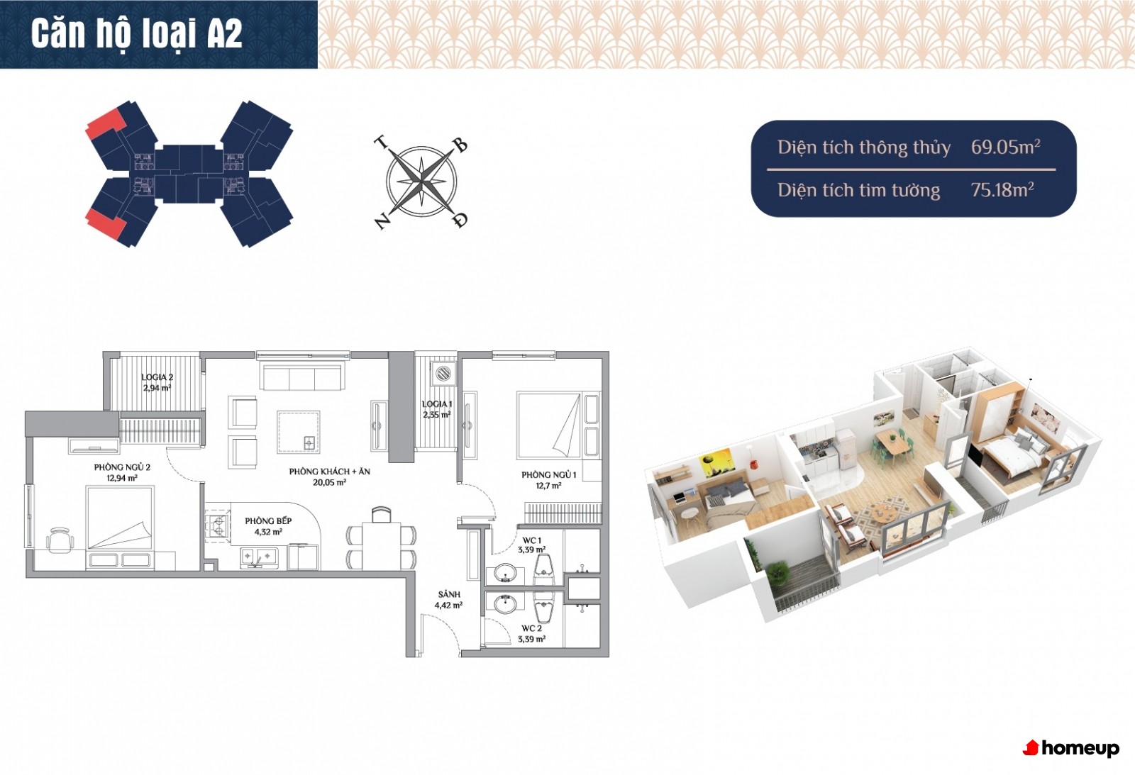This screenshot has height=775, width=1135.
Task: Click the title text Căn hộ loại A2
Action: (137, 34)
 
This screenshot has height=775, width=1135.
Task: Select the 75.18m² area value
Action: (1002, 189)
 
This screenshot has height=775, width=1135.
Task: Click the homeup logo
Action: (1071, 748)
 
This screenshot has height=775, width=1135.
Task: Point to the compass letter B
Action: (460, 146)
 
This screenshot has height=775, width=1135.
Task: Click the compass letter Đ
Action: (460, 220)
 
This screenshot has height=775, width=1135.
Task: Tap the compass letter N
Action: (382, 221)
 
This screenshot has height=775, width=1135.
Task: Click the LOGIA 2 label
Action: (157, 377)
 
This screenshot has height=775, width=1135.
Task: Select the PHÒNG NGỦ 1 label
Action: (549, 474)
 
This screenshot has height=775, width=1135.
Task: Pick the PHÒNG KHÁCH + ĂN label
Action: (329, 471)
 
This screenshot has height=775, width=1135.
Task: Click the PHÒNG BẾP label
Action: (268, 520)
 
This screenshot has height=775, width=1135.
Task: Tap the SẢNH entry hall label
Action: (449, 594)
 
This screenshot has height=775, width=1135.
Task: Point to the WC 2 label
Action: (531, 628)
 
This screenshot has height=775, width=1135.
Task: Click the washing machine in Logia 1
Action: (443, 373)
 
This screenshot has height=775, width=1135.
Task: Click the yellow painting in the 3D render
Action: (716, 462)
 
